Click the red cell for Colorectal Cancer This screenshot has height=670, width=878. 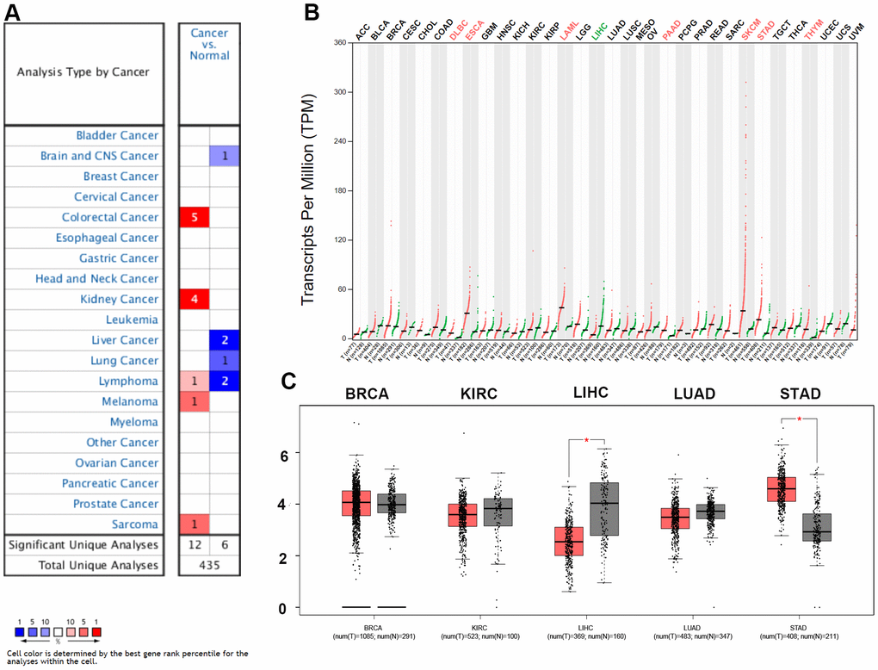194,217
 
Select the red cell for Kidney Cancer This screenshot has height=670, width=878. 194,299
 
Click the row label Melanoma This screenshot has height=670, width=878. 128,401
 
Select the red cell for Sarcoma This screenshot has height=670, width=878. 194,524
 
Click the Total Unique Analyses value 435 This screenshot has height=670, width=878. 209,566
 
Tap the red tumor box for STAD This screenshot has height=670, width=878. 781,488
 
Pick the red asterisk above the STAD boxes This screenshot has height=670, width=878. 801,419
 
